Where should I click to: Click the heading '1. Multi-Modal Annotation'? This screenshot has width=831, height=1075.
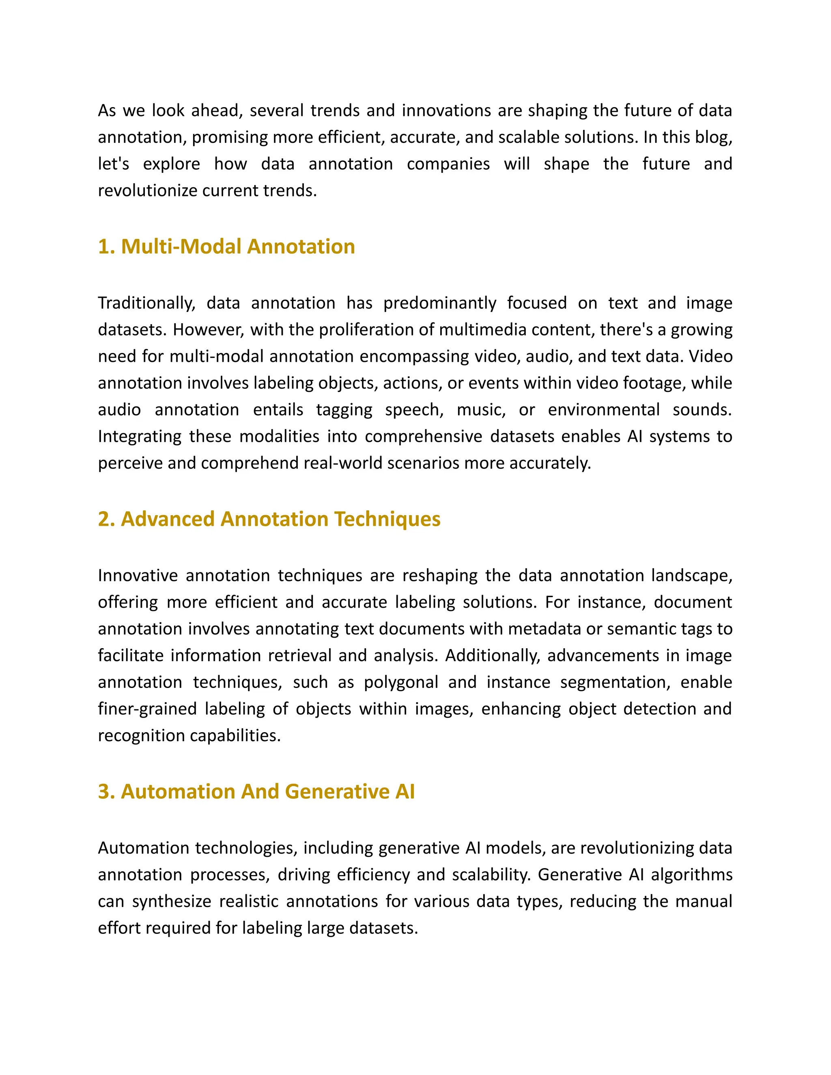(x=226, y=247)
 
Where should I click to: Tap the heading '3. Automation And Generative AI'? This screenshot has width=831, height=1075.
(x=256, y=791)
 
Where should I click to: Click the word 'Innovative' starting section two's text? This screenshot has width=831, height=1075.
(x=138, y=575)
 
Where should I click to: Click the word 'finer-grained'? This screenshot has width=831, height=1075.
(x=148, y=709)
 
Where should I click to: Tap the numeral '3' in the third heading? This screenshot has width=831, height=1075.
(x=103, y=791)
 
